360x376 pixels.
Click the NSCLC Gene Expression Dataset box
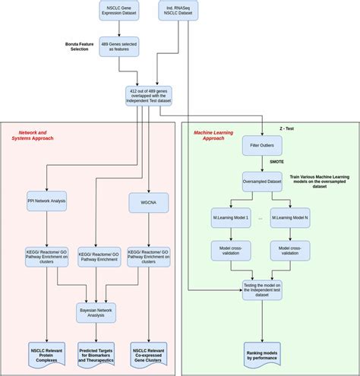coord(119,11)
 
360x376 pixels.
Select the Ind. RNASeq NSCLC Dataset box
coord(178,11)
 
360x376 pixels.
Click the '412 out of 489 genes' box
coord(149,96)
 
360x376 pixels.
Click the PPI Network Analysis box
coord(46,201)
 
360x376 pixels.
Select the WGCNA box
coord(149,201)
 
